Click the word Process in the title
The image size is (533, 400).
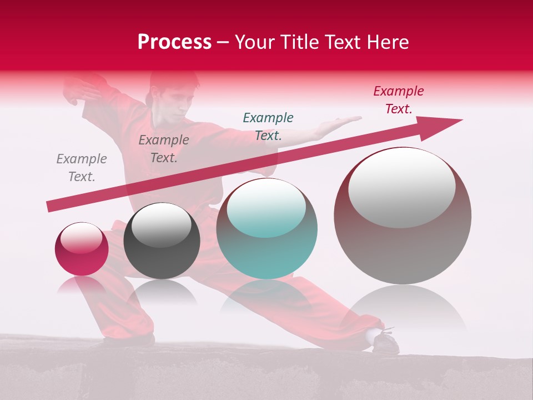click(x=174, y=42)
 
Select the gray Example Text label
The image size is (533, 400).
click(x=82, y=168)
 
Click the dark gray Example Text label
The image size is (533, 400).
click(x=164, y=149)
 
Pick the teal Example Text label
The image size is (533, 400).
click(x=268, y=126)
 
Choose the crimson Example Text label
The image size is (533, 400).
click(x=399, y=100)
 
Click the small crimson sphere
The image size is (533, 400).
click(x=82, y=249)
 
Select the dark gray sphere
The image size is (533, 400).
click(x=162, y=241)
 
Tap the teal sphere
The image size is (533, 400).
click(x=267, y=229)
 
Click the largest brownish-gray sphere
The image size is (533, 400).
click(x=403, y=216)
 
